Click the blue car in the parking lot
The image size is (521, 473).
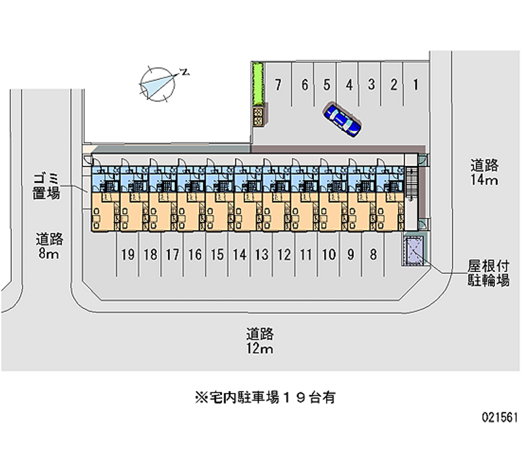click(x=343, y=119)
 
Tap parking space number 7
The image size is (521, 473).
click(x=278, y=84)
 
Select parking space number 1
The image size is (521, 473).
click(x=415, y=84)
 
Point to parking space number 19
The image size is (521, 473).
click(x=128, y=254)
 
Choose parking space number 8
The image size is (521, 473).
click(x=373, y=254)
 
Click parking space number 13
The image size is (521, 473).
click(x=262, y=254)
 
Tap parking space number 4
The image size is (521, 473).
click(x=349, y=84)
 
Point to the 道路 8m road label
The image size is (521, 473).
click(x=49, y=247)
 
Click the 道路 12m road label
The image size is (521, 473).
click(x=260, y=342)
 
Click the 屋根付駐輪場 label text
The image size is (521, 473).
click(x=488, y=274)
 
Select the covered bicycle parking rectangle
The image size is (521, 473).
click(x=413, y=250)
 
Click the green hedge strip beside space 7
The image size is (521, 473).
click(x=258, y=84)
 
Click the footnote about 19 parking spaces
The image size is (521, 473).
click(x=260, y=398)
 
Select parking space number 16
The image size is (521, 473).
click(x=195, y=254)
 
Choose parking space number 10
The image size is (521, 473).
click(x=328, y=254)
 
